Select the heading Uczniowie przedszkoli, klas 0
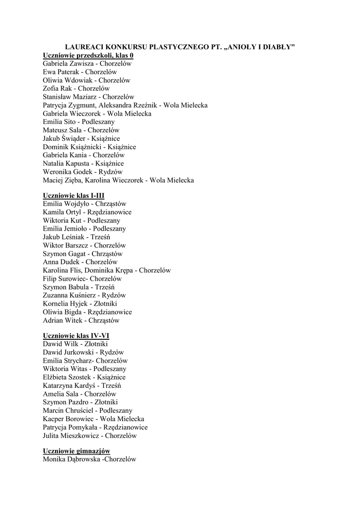tap(88, 56)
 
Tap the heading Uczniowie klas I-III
tap(73, 195)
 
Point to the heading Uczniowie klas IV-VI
tap(76, 336)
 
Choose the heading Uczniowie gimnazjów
tap(76, 451)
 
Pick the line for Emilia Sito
tap(78, 122)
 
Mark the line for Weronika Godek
tap(79, 172)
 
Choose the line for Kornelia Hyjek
tap(80, 304)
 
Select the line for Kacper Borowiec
tap(93, 419)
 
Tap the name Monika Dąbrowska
tap(70, 460)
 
